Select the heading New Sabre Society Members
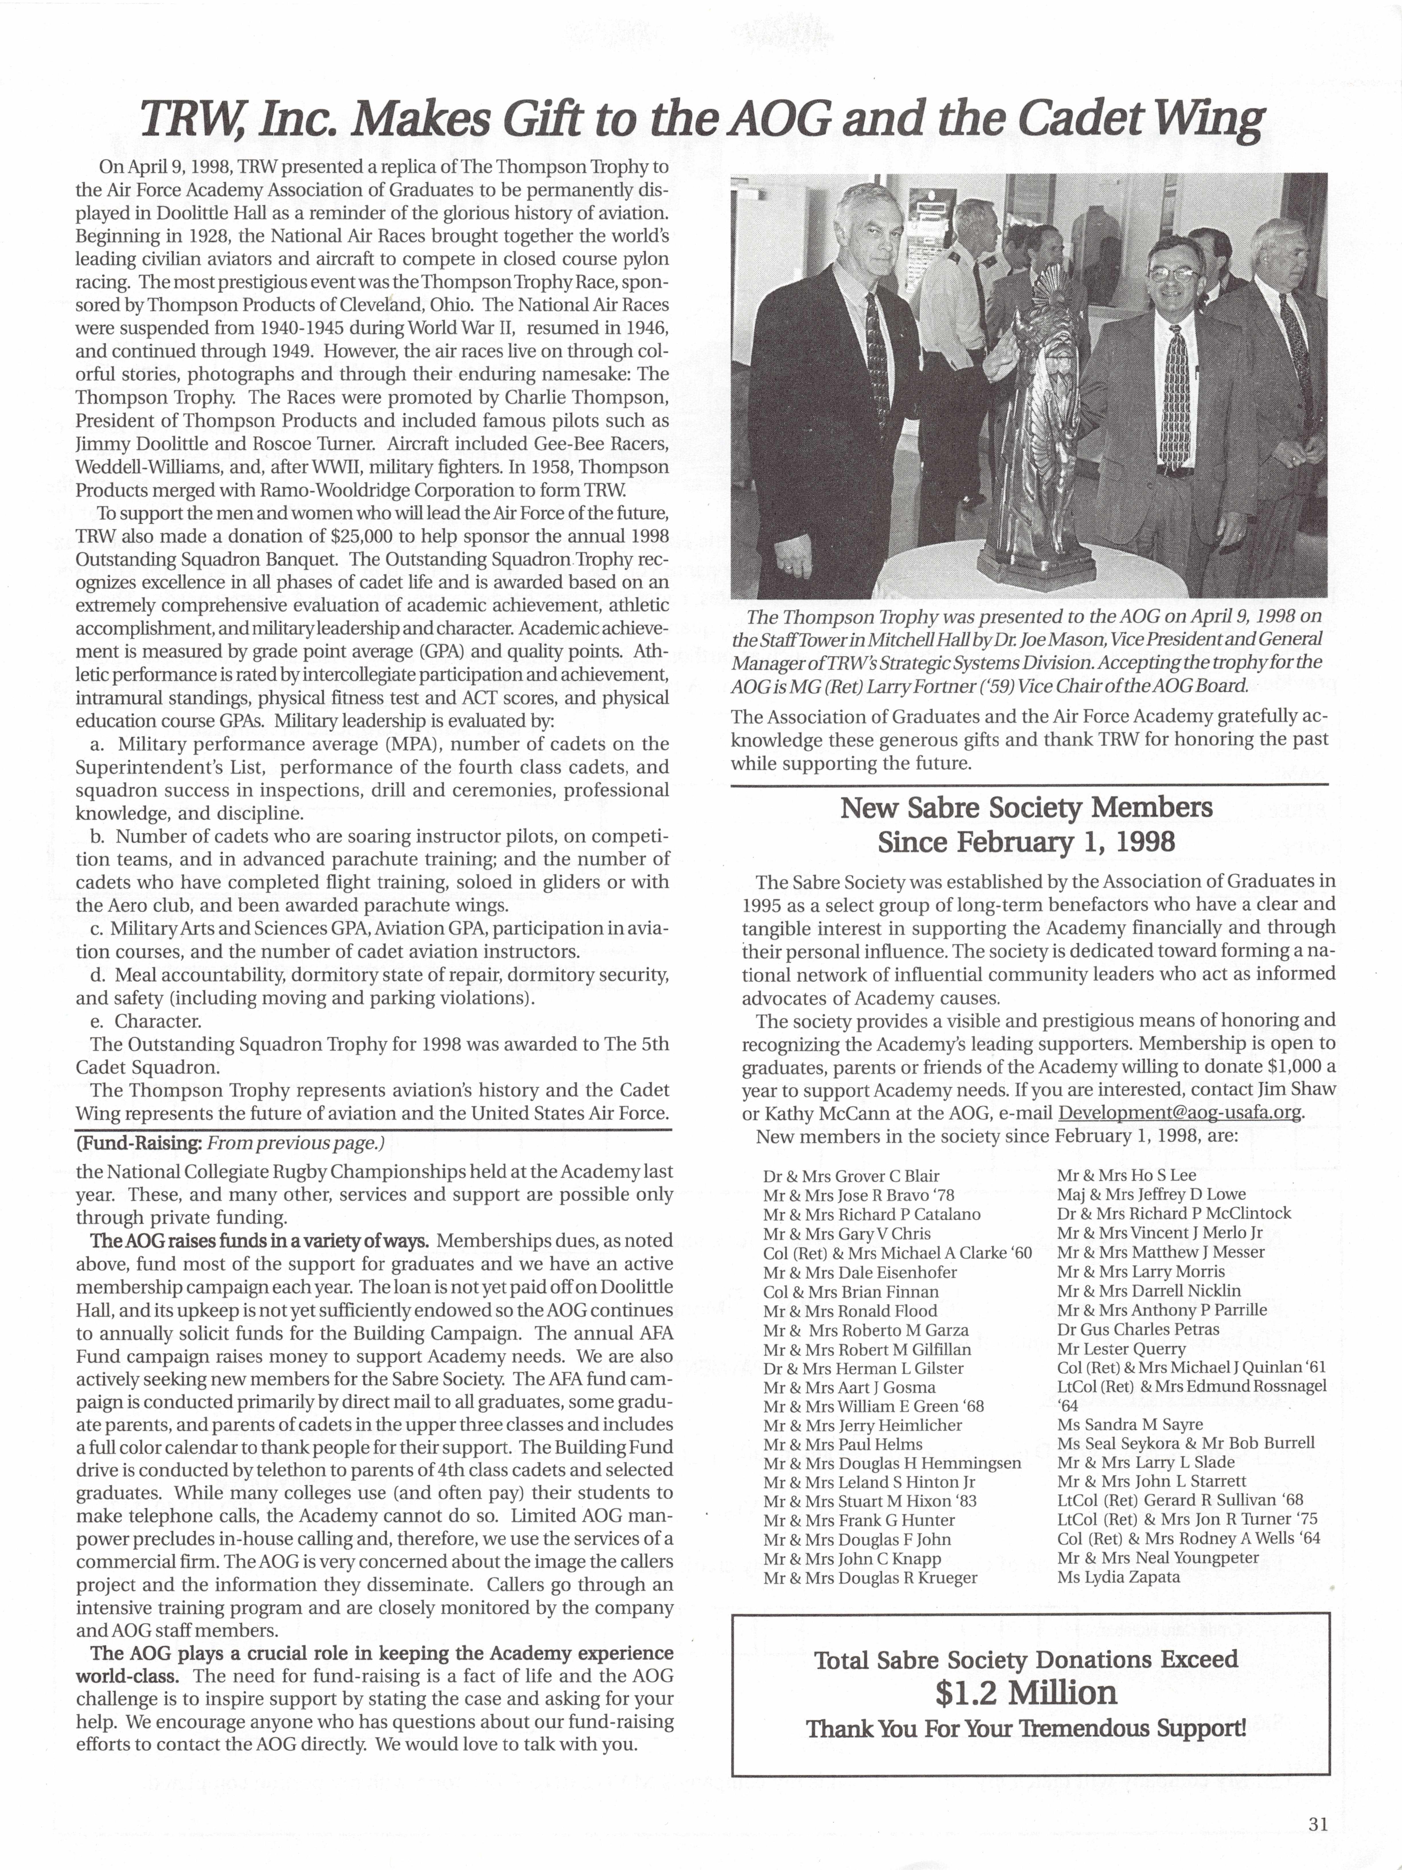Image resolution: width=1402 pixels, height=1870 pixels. (x=1026, y=807)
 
